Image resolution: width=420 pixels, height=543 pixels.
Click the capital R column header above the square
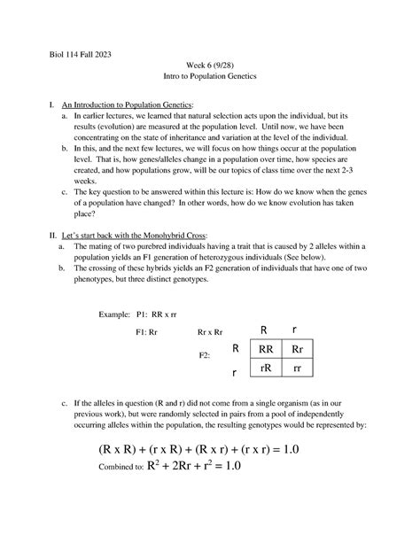coord(263,330)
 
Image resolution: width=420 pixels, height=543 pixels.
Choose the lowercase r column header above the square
coord(295,330)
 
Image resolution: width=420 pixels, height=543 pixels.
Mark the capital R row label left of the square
coord(236,348)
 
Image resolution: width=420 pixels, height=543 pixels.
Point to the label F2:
coord(204,355)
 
